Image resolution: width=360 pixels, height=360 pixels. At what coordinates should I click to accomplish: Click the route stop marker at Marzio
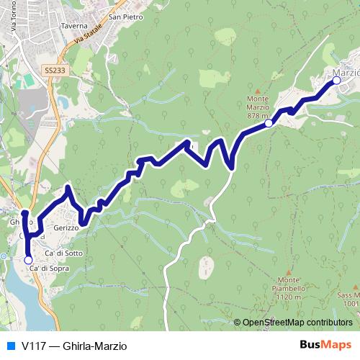336,81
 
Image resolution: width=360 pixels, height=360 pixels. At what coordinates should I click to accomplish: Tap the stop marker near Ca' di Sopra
28,260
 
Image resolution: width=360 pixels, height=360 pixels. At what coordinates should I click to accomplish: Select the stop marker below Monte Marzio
269,123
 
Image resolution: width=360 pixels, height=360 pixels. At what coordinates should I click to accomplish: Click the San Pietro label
125,16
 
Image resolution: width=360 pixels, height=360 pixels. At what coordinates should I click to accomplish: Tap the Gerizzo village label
63,228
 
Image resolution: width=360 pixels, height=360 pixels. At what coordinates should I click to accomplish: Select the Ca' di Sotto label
64,253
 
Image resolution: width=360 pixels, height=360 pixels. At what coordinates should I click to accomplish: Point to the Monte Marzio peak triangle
256,90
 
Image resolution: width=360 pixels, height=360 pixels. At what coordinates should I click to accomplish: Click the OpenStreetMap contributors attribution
297,323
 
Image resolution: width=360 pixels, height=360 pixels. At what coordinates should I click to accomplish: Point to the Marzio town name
346,73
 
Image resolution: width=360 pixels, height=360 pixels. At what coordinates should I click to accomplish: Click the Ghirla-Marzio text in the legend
90,346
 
